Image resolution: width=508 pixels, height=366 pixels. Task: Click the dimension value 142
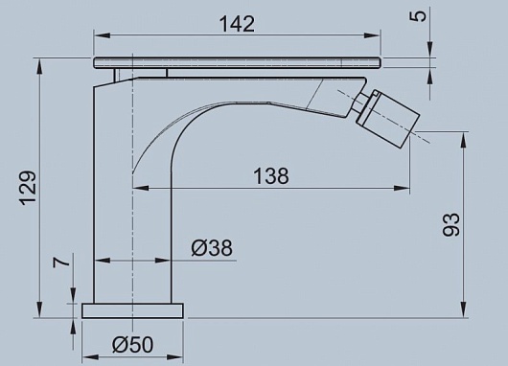[x=237, y=24]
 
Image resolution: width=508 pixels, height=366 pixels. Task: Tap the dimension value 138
[x=271, y=176]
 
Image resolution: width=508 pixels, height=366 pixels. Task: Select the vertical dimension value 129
[x=28, y=188]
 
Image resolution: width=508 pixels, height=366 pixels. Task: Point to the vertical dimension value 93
[x=451, y=224]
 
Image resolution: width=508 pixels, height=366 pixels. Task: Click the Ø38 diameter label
[x=212, y=248]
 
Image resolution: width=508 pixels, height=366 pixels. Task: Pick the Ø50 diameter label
[x=132, y=344]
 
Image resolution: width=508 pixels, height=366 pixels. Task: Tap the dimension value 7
[x=61, y=261]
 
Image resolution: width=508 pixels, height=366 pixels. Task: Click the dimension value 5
[x=420, y=16]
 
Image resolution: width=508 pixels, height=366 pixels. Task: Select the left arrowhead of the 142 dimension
[x=102, y=35]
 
